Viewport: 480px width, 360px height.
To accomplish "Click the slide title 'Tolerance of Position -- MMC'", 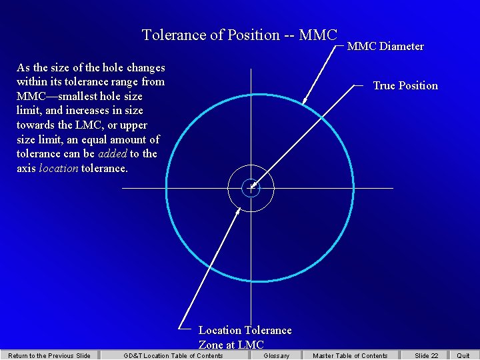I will pyautogui.click(x=240, y=35).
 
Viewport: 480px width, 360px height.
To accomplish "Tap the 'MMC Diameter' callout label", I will pyautogui.click(x=385, y=47).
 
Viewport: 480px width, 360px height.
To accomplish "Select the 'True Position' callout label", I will pyautogui.click(x=405, y=85).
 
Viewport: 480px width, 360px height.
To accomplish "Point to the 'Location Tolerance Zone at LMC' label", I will pyautogui.click(x=245, y=337).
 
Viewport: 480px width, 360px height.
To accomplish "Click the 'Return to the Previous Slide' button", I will pyautogui.click(x=49, y=355).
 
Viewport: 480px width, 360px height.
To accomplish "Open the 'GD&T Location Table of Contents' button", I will pyautogui.click(x=173, y=355).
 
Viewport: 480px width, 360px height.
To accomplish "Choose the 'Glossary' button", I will pyautogui.click(x=277, y=355).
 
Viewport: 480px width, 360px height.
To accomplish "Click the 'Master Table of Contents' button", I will pyautogui.click(x=350, y=355).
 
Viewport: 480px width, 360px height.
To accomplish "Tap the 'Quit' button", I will pyautogui.click(x=463, y=355).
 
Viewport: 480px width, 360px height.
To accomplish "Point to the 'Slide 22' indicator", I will pyautogui.click(x=427, y=355).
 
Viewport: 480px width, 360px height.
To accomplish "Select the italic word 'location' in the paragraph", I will pyautogui.click(x=59, y=169).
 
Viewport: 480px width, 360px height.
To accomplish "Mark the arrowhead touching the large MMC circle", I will pyautogui.click(x=305, y=101).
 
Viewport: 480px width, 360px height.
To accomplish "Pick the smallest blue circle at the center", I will pyautogui.click(x=251, y=188).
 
